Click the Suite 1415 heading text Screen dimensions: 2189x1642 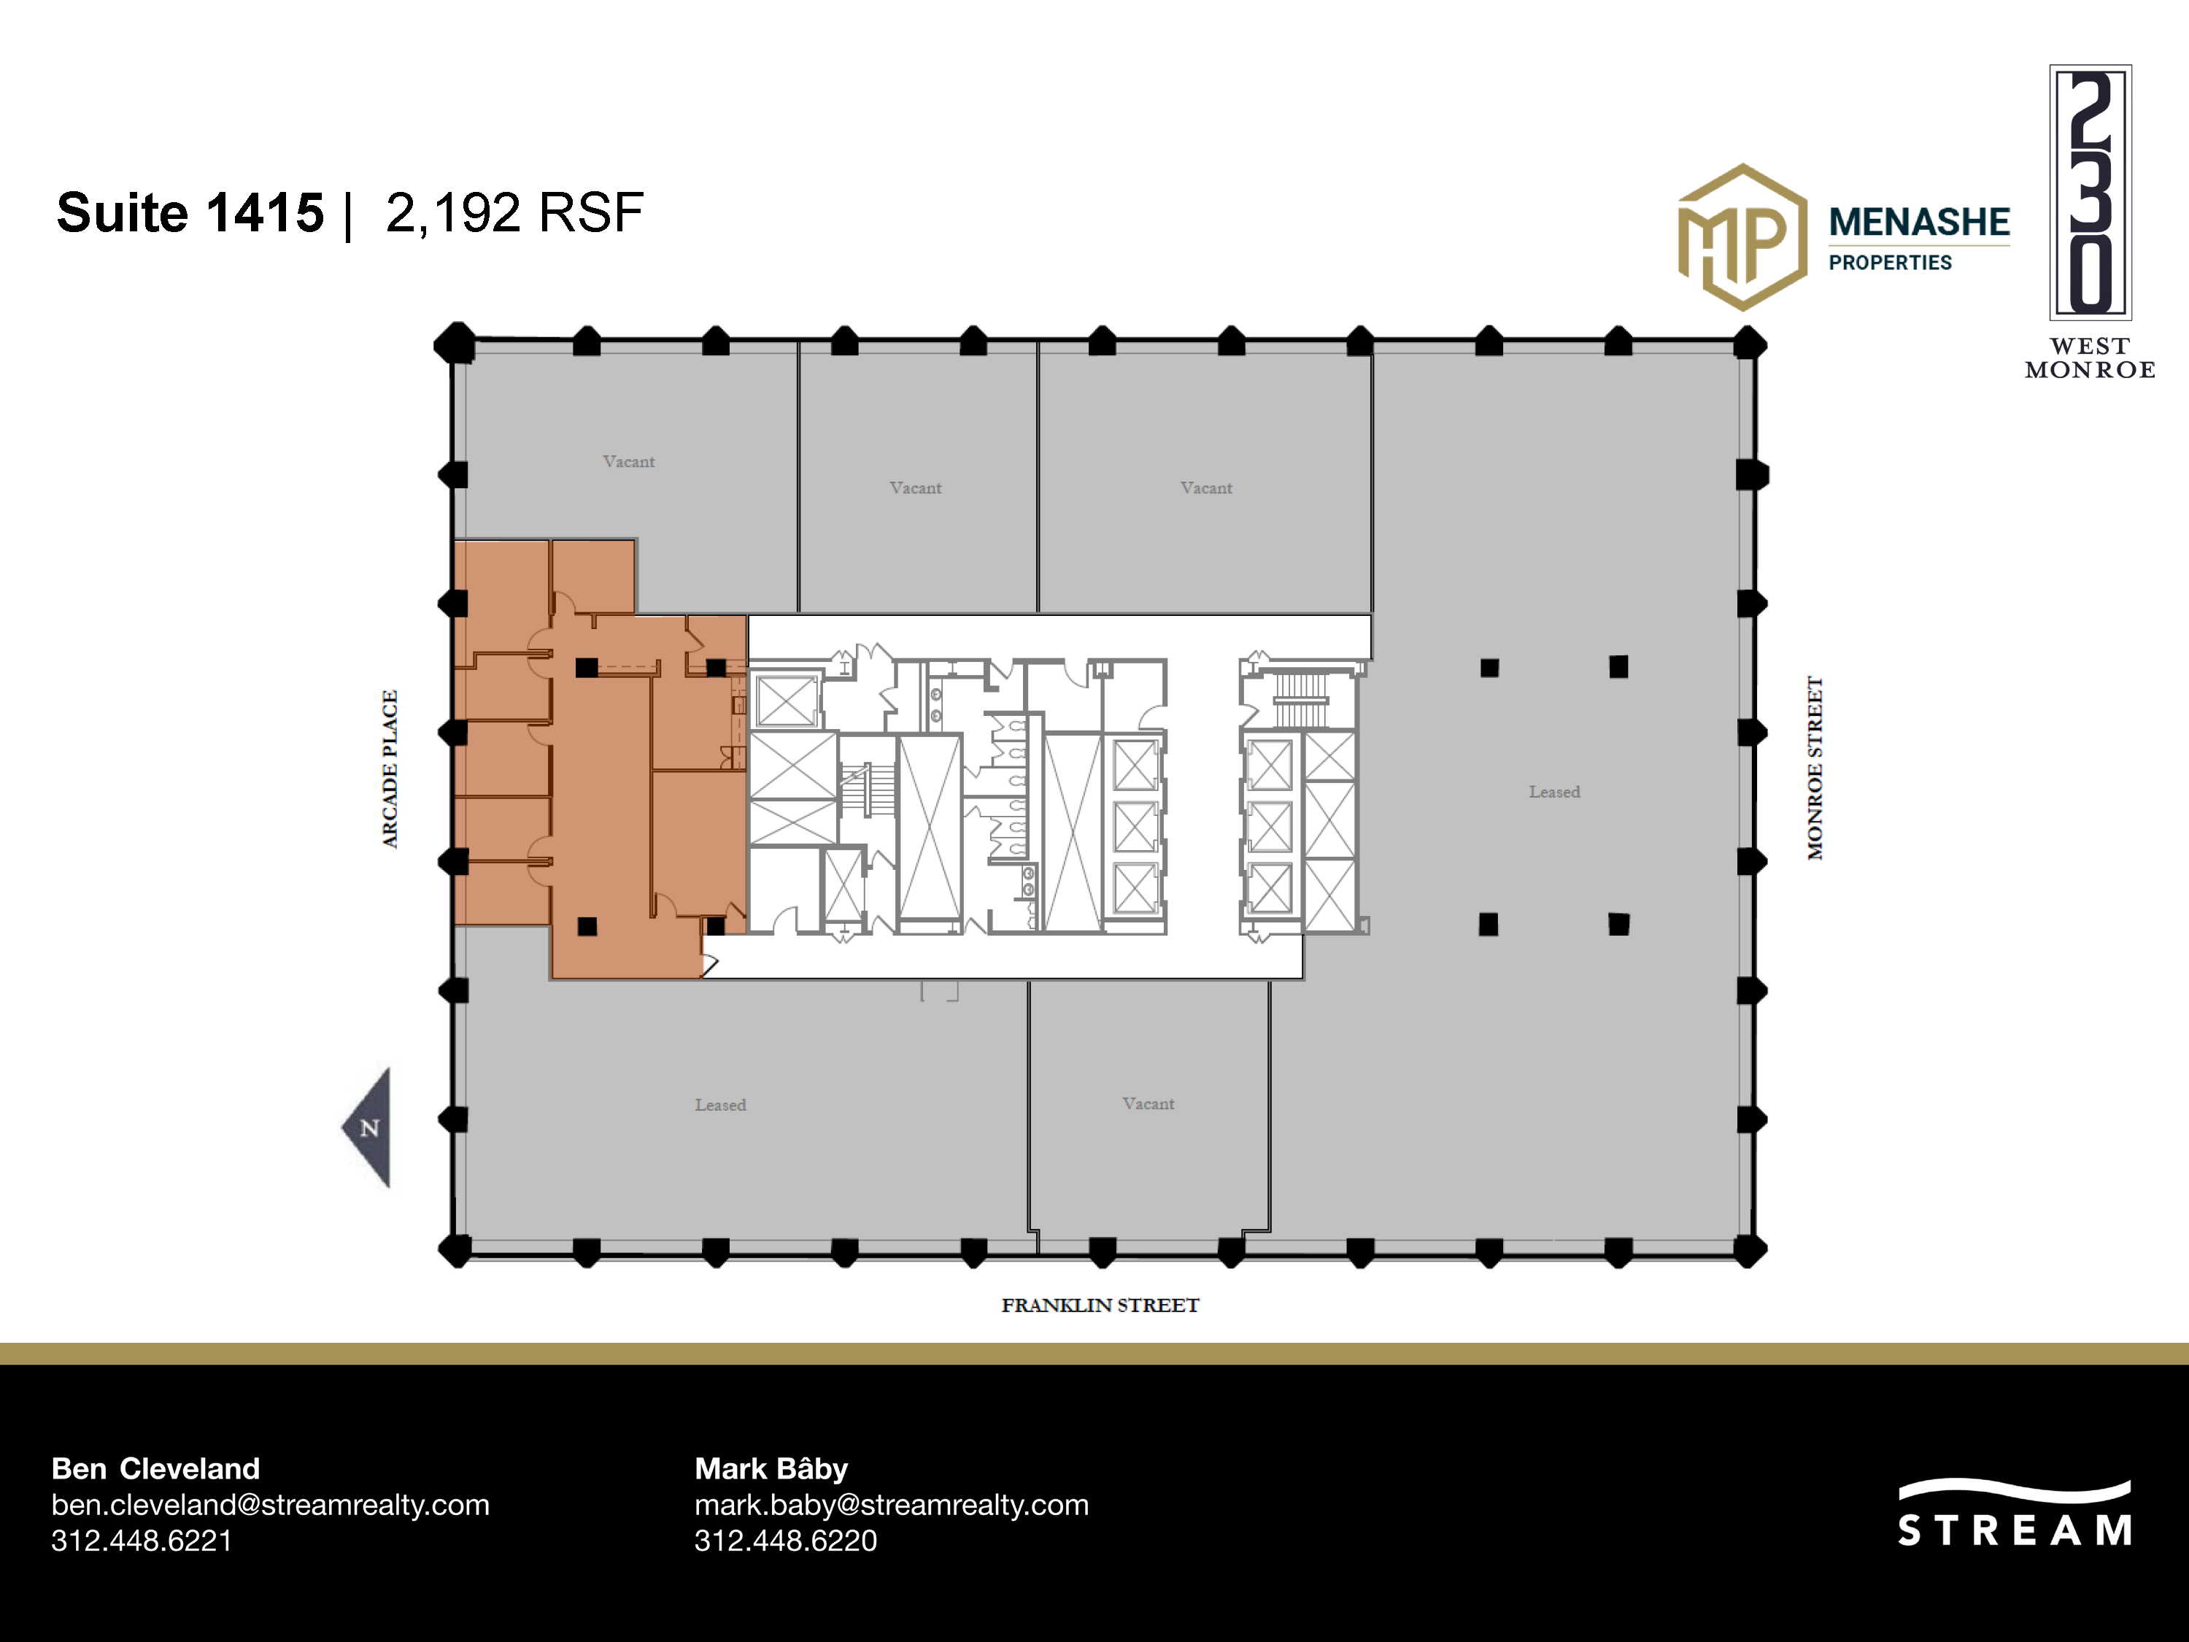click(x=190, y=213)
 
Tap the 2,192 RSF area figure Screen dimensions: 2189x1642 click(x=514, y=213)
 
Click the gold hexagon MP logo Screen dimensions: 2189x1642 click(x=1742, y=236)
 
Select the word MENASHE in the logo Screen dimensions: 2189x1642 click(x=1919, y=222)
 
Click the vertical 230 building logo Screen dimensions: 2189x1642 click(x=2090, y=192)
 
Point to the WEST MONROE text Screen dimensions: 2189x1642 click(x=2090, y=358)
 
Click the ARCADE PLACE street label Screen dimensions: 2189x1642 click(x=390, y=769)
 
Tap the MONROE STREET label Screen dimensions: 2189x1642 click(x=1815, y=768)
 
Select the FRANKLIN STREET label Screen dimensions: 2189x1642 click(x=1100, y=1306)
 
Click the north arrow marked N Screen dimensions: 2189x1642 click(x=369, y=1128)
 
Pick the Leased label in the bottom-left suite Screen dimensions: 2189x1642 click(x=720, y=1105)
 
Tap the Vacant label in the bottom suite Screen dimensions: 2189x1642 click(x=1148, y=1103)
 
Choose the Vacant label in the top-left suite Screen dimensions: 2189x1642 click(x=628, y=461)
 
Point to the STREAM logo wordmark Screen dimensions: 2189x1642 click(x=2015, y=1530)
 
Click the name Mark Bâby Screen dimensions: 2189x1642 click(x=771, y=1469)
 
